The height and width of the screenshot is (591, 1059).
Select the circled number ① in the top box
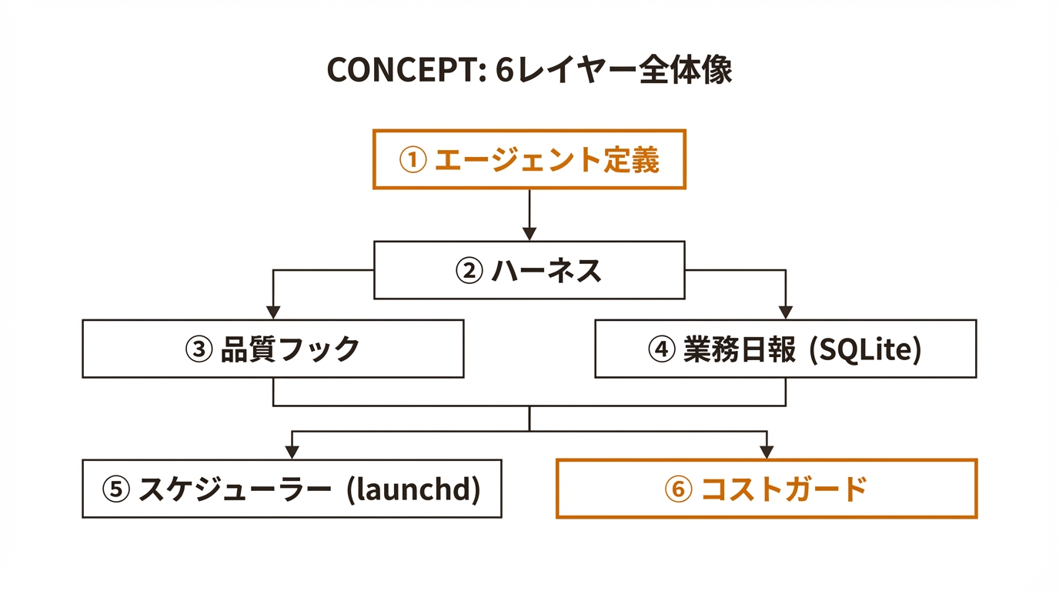click(x=413, y=160)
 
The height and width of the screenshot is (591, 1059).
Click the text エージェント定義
click(x=547, y=160)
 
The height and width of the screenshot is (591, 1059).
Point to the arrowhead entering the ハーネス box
click(x=529, y=233)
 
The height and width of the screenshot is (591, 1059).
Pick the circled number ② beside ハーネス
click(x=469, y=271)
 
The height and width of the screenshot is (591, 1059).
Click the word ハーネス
click(x=546, y=271)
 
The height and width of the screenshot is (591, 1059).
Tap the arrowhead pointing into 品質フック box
click(x=273, y=312)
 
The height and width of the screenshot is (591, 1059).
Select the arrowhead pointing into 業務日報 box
click(x=785, y=312)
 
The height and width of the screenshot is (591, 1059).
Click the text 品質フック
click(x=290, y=349)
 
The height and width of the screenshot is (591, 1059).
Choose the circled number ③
click(x=199, y=349)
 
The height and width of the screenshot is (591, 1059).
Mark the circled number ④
click(x=661, y=349)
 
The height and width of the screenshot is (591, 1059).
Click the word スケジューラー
click(x=235, y=489)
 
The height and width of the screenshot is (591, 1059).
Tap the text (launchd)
click(x=414, y=489)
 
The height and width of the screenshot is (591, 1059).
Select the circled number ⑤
click(x=115, y=489)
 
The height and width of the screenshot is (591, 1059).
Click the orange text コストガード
click(x=784, y=489)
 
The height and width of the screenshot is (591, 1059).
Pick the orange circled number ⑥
click(x=678, y=489)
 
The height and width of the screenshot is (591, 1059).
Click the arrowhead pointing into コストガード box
click(x=767, y=452)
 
